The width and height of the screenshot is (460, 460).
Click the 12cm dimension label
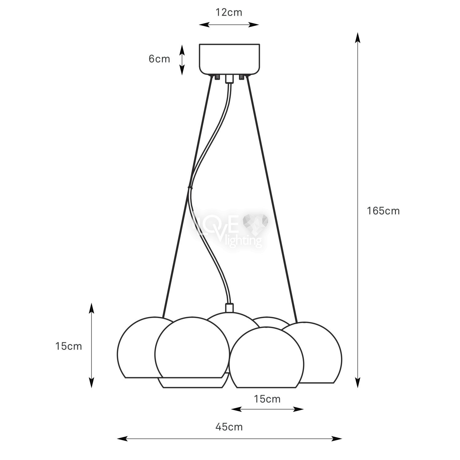[229, 13]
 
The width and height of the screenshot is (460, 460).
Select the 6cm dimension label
[159, 59]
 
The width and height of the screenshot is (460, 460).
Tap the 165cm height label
[383, 211]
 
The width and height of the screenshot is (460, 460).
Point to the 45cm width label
[229, 427]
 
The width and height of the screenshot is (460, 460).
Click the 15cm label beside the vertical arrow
[69, 346]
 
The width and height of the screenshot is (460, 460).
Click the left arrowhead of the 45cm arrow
[122, 439]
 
